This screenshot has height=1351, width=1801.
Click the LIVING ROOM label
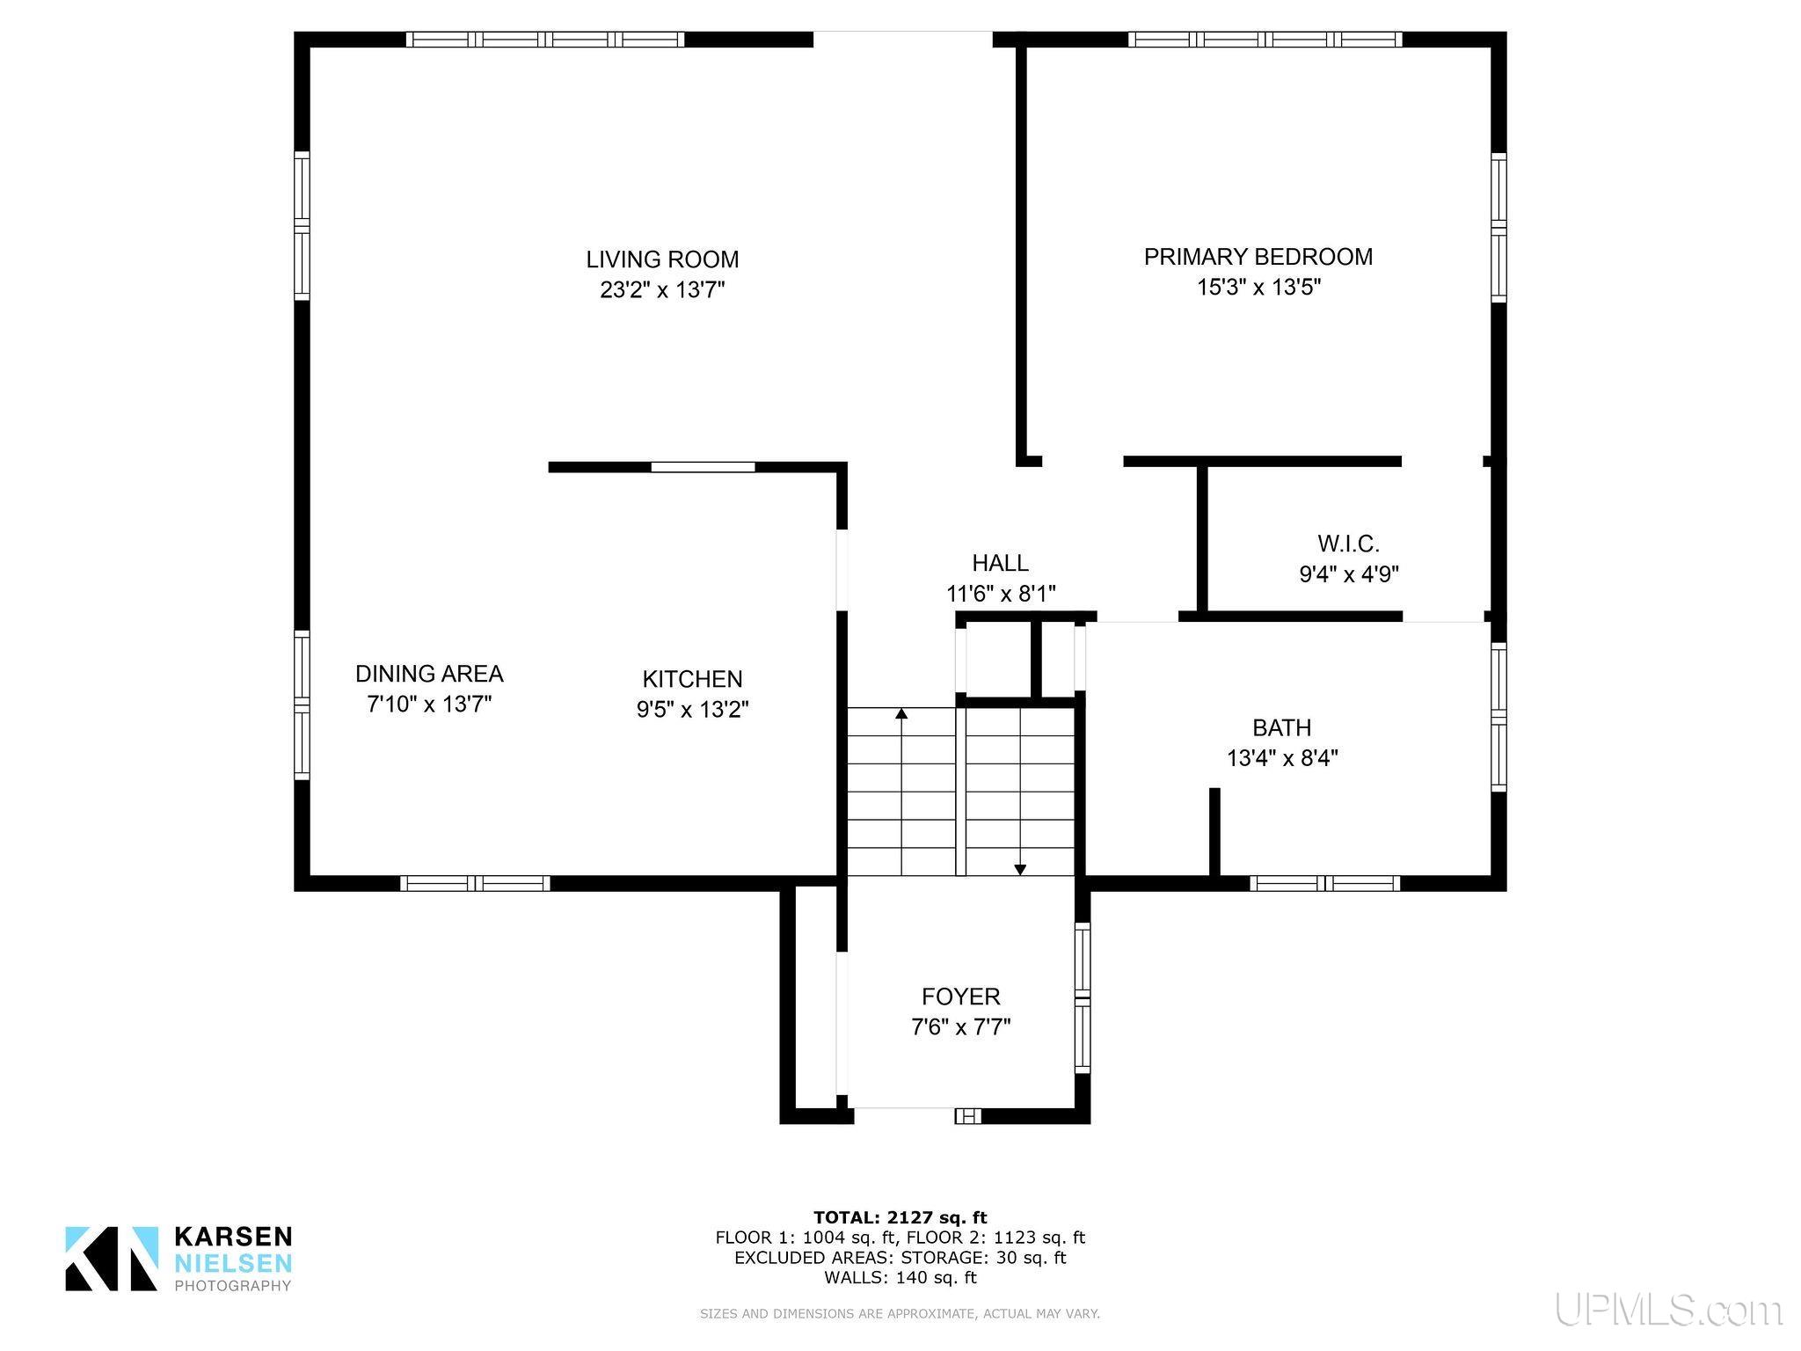tap(662, 259)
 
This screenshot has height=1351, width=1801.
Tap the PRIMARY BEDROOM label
tap(1258, 257)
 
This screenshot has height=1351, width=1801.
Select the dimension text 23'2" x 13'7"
tap(662, 289)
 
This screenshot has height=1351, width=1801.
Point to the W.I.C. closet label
tap(1348, 544)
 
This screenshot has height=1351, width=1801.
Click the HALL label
tap(1000, 563)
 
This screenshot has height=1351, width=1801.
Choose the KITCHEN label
tap(692, 679)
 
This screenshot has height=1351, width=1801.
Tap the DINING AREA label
tap(429, 674)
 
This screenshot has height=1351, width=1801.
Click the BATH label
tap(1281, 728)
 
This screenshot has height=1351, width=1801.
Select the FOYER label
tap(960, 997)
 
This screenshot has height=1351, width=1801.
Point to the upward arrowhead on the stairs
tap(901, 714)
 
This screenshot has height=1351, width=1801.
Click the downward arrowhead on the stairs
tap(1020, 870)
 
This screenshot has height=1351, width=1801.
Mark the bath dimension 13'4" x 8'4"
tap(1282, 758)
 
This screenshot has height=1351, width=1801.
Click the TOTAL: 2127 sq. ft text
tap(900, 1218)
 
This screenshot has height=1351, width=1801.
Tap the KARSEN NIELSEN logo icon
tap(112, 1259)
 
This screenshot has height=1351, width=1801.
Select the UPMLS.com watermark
tap(1668, 1311)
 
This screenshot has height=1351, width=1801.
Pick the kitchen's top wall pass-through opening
tap(703, 467)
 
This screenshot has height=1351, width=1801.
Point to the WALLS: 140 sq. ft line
tap(900, 1278)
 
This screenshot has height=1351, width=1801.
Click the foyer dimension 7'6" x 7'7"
tap(960, 1027)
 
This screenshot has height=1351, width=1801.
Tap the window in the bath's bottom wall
tap(1324, 883)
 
